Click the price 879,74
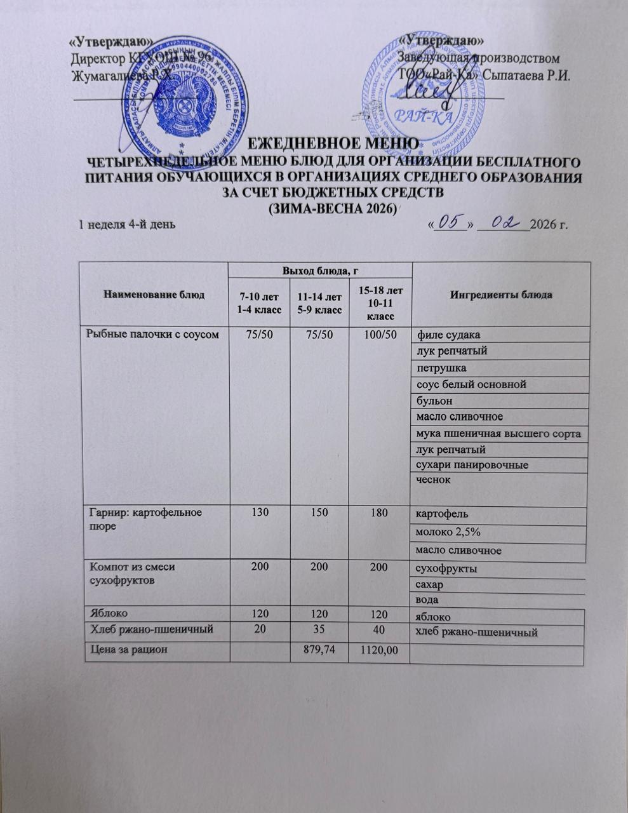318,650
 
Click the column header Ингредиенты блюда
500,295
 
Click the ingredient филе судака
448,335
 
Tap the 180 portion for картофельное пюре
379,512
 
